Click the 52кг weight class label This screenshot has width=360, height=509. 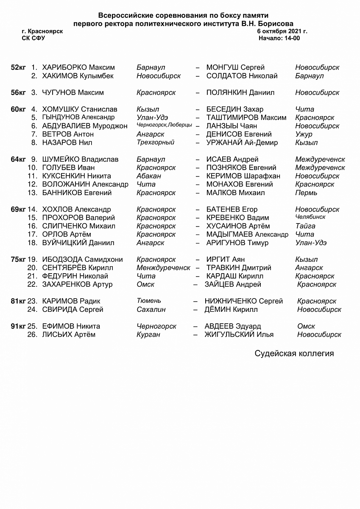[x=18, y=67]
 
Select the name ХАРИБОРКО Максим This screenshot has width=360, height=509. [x=78, y=67]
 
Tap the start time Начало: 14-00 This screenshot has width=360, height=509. [x=279, y=38]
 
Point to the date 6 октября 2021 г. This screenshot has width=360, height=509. [x=282, y=31]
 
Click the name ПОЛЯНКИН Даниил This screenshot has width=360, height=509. [x=240, y=92]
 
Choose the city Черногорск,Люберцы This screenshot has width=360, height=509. [x=164, y=125]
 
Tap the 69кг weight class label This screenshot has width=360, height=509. [x=18, y=209]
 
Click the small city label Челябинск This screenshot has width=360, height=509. [x=310, y=217]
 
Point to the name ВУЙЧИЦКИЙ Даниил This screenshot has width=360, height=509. [x=78, y=243]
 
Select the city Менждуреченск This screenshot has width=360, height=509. [x=163, y=268]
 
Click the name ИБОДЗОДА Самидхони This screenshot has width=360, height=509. [x=82, y=259]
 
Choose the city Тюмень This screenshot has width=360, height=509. [x=149, y=301]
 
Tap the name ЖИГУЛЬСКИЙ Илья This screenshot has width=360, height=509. [x=239, y=334]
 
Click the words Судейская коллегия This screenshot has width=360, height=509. [x=294, y=353]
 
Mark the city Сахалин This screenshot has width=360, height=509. [x=151, y=309]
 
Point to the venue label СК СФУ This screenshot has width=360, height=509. [x=33, y=38]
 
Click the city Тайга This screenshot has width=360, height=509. [x=305, y=226]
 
